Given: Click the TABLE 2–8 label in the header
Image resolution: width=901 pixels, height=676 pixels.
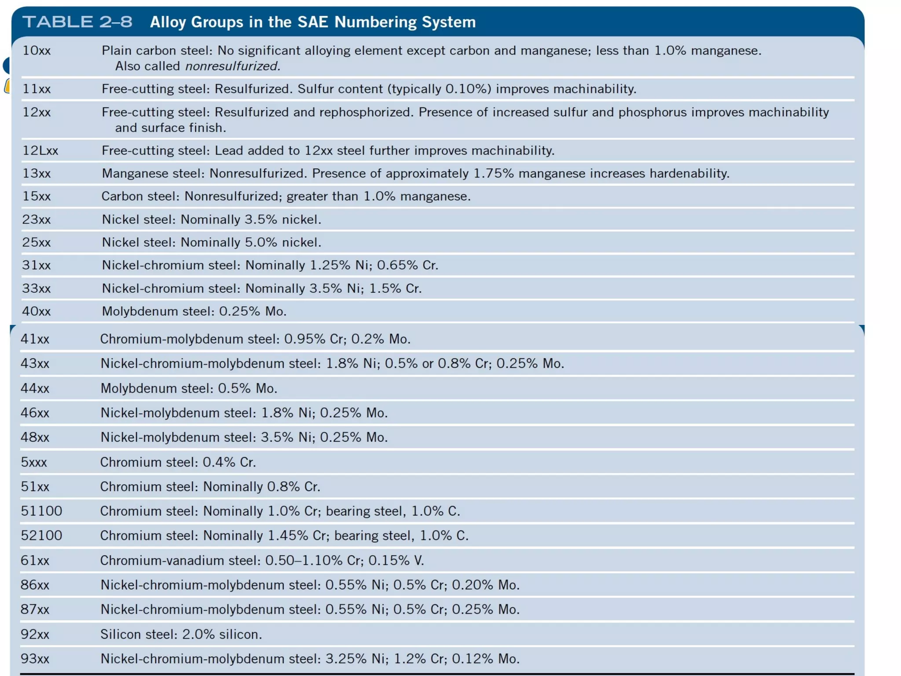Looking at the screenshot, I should tap(77, 22).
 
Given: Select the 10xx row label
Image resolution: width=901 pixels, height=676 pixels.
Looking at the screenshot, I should tap(37, 51).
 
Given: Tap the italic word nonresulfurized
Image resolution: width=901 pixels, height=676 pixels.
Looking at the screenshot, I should tap(232, 66).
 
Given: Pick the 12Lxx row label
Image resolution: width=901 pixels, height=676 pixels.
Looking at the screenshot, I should tap(40, 151).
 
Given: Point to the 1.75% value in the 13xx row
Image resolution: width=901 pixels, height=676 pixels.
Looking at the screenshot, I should tap(493, 173).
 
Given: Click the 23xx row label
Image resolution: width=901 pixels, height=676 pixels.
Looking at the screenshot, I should tap(37, 219).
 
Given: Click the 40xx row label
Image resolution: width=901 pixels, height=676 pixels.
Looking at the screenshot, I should tap(37, 311).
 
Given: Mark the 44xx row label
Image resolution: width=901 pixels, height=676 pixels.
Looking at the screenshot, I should tap(35, 388).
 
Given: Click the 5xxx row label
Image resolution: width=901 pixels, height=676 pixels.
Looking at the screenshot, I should tap(34, 462).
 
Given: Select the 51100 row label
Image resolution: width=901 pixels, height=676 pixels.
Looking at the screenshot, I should tap(41, 511).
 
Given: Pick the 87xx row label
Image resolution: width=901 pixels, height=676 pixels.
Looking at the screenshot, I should tap(35, 610).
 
